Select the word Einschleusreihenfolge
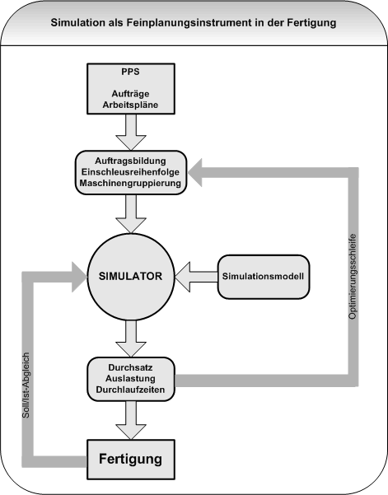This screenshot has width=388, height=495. (132, 170)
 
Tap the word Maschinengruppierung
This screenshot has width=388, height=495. (132, 183)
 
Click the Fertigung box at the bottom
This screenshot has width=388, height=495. (131, 455)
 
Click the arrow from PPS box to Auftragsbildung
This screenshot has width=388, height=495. (131, 130)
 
